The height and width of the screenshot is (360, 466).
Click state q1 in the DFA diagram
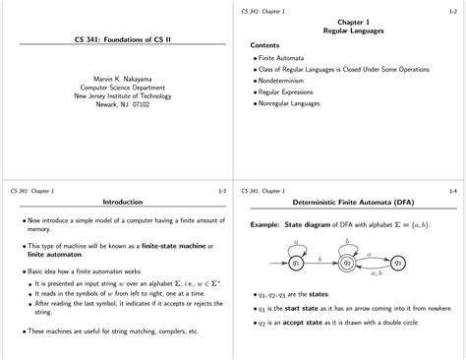tap(297, 262)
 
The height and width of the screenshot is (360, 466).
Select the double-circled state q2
tap(346, 262)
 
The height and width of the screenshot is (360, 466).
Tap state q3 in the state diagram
tap(397, 262)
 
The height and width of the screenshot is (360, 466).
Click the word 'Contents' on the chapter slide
tap(265, 45)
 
